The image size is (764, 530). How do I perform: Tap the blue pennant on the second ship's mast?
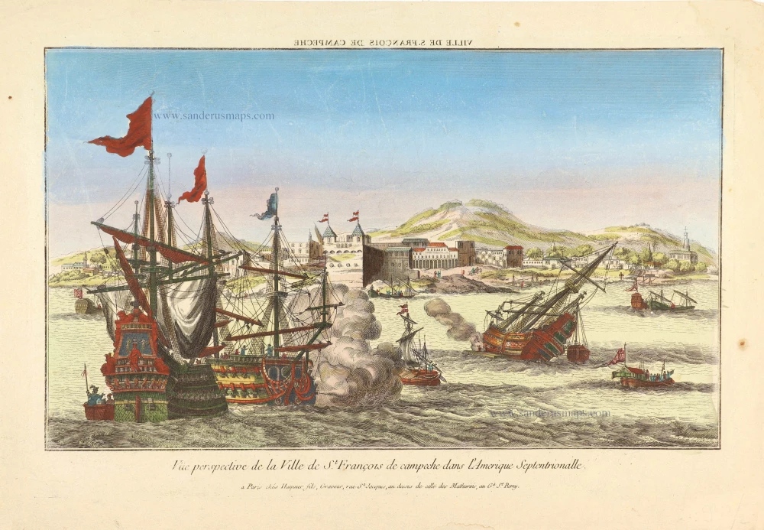click(x=268, y=206)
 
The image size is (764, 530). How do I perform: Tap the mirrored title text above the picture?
click(x=381, y=43)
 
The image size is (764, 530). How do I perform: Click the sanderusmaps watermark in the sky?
click(x=213, y=116)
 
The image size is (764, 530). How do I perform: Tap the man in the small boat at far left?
click(x=93, y=396)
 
